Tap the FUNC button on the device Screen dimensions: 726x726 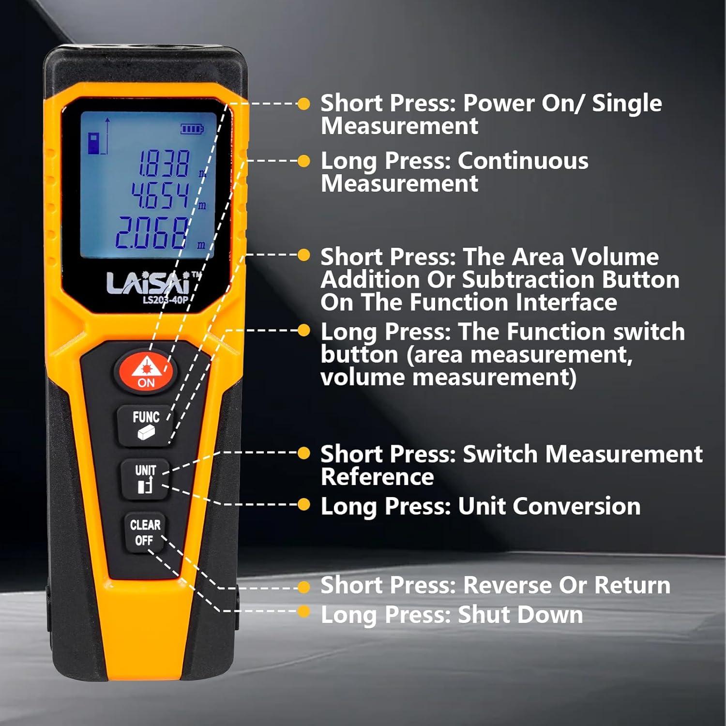point(146,424)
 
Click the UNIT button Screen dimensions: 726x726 point(146,479)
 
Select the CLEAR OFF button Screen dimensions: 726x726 point(145,532)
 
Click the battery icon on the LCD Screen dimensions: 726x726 point(192,129)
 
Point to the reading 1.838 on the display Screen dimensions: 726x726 point(164,164)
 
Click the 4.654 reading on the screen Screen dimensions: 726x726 point(160,196)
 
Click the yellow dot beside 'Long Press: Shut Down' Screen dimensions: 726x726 point(303,611)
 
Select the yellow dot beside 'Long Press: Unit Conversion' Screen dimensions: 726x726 point(303,505)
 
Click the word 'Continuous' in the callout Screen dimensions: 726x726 point(523,161)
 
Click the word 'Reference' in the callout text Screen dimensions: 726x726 point(377,477)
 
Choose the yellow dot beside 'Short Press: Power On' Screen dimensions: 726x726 point(303,104)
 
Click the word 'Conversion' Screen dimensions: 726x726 point(549,506)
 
